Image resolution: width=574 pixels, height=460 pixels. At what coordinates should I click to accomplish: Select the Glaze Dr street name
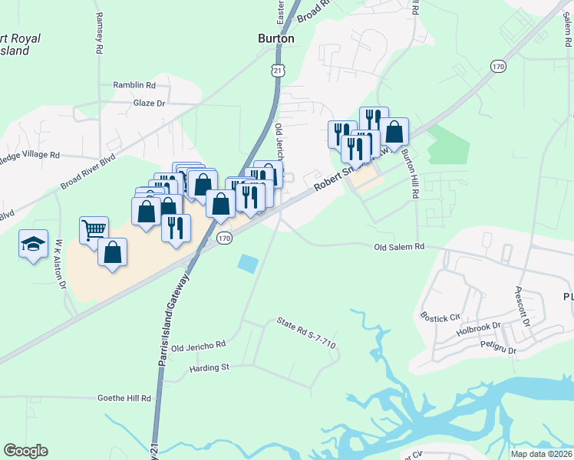pos(149,103)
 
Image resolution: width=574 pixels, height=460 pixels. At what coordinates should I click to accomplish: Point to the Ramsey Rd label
pos(99,32)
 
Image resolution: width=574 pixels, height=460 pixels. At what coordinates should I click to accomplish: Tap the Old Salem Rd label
pos(399,247)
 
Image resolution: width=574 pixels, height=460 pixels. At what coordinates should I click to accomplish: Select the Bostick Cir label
pos(440,315)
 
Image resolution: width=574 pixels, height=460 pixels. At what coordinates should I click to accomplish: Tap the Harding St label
pos(209,368)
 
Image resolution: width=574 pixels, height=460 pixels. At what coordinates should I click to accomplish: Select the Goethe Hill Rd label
pos(124,399)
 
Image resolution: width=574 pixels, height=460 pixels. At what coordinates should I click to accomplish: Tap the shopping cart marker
pos(94,228)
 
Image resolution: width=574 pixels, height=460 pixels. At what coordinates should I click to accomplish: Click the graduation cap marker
pos(33,244)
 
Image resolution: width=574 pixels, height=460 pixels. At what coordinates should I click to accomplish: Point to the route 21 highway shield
pos(278,70)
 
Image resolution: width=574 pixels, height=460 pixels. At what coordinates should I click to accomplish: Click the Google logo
pos(25,451)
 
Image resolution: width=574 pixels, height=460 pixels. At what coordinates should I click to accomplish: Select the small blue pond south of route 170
pos(248,264)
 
